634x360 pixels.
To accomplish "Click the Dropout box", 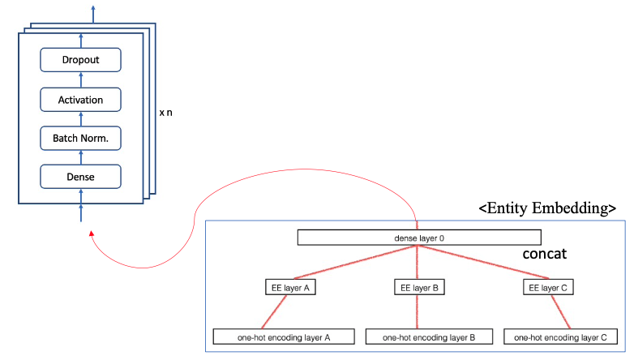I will pyautogui.click(x=80, y=60).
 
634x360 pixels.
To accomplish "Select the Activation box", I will pyautogui.click(x=80, y=100).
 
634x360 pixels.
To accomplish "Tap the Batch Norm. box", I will pyautogui.click(x=80, y=139).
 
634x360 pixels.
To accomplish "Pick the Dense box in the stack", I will pyautogui.click(x=80, y=176).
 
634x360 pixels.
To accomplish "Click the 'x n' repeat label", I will pyautogui.click(x=165, y=113).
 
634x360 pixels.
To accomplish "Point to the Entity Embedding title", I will pyautogui.click(x=547, y=209).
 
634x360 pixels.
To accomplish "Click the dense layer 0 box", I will pyautogui.click(x=418, y=238).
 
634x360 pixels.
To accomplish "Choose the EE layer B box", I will pyautogui.click(x=417, y=286).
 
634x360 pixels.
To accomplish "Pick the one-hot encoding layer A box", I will pyautogui.click(x=272, y=336).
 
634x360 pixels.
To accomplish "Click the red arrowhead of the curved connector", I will pyautogui.click(x=92, y=234).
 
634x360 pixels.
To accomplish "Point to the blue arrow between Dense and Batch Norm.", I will pyautogui.click(x=80, y=157).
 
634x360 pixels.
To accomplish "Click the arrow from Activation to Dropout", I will pyautogui.click(x=80, y=79).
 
